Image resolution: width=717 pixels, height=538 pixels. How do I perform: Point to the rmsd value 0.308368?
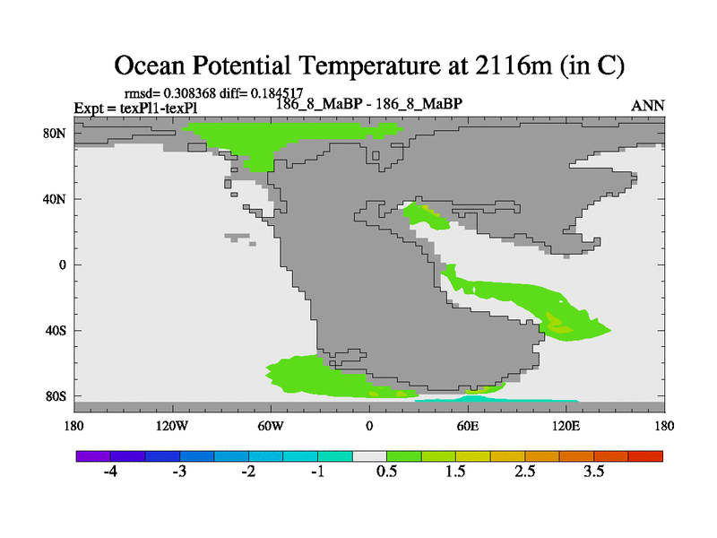189,93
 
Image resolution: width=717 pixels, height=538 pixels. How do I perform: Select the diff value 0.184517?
277,93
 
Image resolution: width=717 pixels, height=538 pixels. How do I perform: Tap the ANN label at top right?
647,106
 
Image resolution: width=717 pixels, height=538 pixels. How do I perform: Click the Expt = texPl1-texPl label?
136,108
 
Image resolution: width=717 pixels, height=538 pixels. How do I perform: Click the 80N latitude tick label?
55,134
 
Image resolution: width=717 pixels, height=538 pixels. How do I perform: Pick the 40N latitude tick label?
55,199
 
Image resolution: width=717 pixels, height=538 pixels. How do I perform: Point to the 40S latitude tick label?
56,330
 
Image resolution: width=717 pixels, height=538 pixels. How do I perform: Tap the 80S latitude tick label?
56,396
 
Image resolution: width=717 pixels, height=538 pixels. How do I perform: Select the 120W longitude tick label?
171,426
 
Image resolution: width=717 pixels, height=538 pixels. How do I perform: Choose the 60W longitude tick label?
271,426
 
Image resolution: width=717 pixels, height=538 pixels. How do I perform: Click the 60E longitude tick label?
467,426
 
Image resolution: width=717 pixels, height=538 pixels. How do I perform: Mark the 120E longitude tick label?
566,426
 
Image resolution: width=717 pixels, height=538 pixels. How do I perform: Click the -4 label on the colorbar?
110,472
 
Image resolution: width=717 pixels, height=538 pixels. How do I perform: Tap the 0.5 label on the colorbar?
386,472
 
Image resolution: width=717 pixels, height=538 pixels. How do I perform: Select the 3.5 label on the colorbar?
593,472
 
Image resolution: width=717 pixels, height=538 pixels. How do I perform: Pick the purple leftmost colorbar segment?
93,456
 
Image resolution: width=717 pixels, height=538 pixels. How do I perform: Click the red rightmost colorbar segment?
645,456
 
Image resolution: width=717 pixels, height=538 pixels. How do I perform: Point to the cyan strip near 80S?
497,399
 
